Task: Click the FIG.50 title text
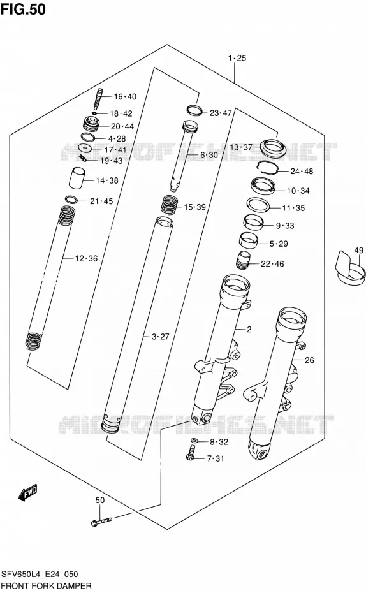[x=23, y=9]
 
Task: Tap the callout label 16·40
[x=125, y=97]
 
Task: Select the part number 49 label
[x=359, y=250]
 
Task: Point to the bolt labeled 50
[x=101, y=522]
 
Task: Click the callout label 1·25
[x=237, y=58]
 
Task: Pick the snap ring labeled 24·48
[x=268, y=166]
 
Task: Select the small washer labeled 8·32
[x=194, y=441]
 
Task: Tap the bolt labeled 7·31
[x=191, y=453]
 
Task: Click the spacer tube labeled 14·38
[x=77, y=177]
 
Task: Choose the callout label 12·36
[x=86, y=259]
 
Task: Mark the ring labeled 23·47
[x=195, y=111]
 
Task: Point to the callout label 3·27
[x=160, y=337]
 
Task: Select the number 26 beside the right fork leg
[x=309, y=360]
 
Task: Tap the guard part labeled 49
[x=351, y=267]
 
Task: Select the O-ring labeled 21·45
[x=71, y=200]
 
